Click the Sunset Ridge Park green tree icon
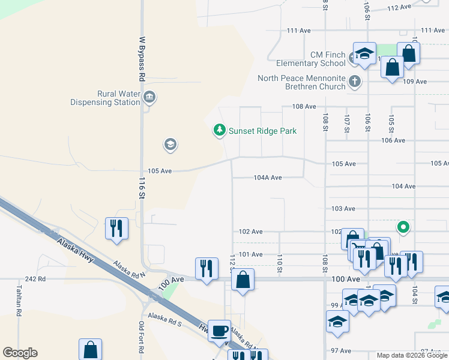[x=220, y=130]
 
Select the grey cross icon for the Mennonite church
[x=355, y=81]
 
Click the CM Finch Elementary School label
[x=311, y=59]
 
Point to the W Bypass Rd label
[x=142, y=59]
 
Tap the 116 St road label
[x=142, y=188]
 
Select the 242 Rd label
[x=36, y=279]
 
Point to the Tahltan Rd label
[x=19, y=302]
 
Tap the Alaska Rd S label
[x=164, y=320]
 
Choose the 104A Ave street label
[x=268, y=178]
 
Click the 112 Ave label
[x=399, y=8]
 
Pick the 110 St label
[x=280, y=262]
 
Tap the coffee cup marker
[x=219, y=330]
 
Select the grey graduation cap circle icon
[x=170, y=144]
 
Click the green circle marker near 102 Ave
[x=404, y=227]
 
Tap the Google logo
[x=20, y=353]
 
